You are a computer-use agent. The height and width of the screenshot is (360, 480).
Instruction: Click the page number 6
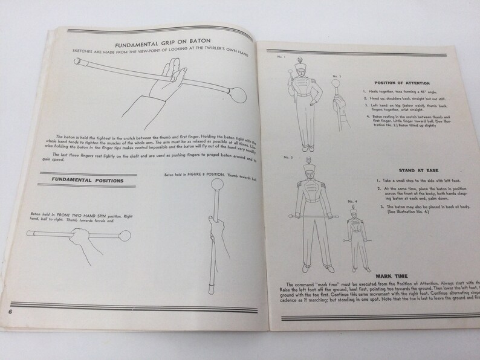[11, 310]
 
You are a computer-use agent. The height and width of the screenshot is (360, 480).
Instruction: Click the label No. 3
[287, 157]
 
